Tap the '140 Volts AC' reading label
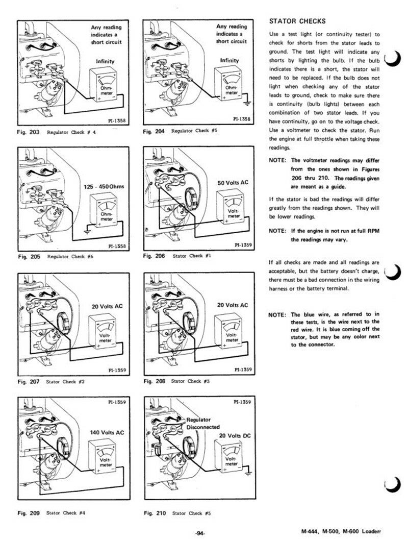[x=107, y=433]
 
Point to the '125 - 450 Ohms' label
[x=104, y=187]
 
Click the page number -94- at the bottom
[x=200, y=533]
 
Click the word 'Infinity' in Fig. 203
[x=106, y=61]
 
